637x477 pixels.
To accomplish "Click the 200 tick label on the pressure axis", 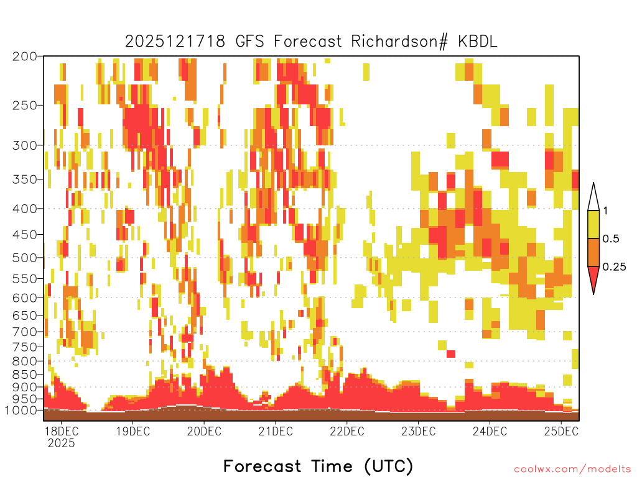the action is [25, 57].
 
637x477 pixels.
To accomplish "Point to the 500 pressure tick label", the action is [25, 258].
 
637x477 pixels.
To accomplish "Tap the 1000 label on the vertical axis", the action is [21, 411].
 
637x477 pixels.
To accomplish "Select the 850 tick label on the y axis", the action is [25, 375].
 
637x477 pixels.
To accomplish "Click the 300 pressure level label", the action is [25, 145].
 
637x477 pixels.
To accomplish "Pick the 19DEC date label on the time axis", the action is [133, 431].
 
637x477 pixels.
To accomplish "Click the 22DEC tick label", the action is [347, 431].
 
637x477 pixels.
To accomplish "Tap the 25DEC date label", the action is [561, 431].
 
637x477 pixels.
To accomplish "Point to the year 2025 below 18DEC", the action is [62, 443].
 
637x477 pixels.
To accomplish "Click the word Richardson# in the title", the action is [399, 42].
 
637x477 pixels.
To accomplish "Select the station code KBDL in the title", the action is [478, 42].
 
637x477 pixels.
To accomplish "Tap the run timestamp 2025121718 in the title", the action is [175, 42].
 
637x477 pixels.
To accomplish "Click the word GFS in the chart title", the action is [249, 42].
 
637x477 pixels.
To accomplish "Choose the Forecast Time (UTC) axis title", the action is [318, 466].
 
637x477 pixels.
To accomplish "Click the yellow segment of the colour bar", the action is [593, 224].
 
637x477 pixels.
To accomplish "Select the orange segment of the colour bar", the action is [593, 252].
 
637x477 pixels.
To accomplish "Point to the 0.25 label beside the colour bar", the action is [614, 267].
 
